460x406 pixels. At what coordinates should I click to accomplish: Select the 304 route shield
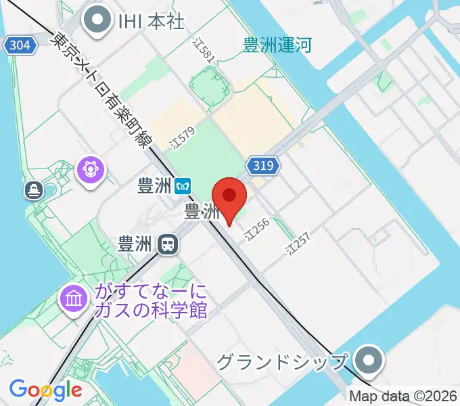(x=20, y=45)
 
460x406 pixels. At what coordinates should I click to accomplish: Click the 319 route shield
(x=264, y=165)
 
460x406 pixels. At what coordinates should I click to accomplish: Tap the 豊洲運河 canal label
(x=277, y=46)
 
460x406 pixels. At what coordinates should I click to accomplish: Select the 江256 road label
(x=258, y=230)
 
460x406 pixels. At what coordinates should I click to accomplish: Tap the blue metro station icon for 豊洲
(x=183, y=185)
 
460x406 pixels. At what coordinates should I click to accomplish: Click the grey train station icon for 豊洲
(x=166, y=244)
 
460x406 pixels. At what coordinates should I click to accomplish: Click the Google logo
(x=45, y=390)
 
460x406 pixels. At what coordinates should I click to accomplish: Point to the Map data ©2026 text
(x=403, y=396)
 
